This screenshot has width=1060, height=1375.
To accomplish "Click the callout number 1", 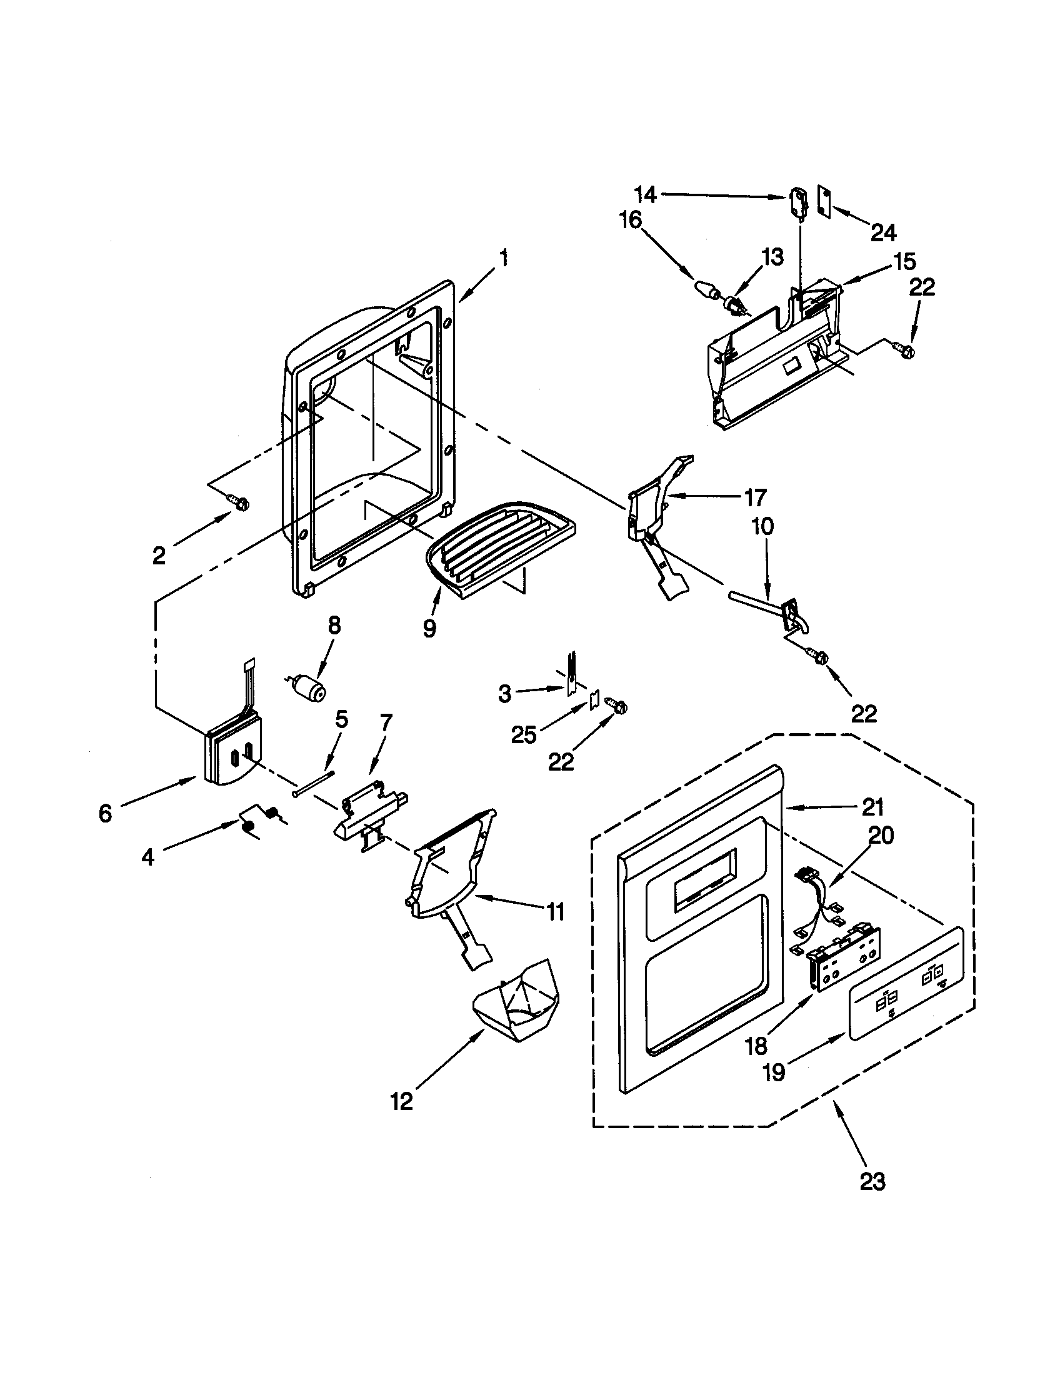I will point(503,258).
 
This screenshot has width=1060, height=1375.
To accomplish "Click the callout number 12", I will point(402,1101).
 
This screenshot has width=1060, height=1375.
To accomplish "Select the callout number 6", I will point(105,814).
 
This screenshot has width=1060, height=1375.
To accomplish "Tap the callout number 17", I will point(755,497).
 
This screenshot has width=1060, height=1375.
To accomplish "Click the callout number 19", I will point(774,1071).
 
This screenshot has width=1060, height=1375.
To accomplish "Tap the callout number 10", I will point(762,526).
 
